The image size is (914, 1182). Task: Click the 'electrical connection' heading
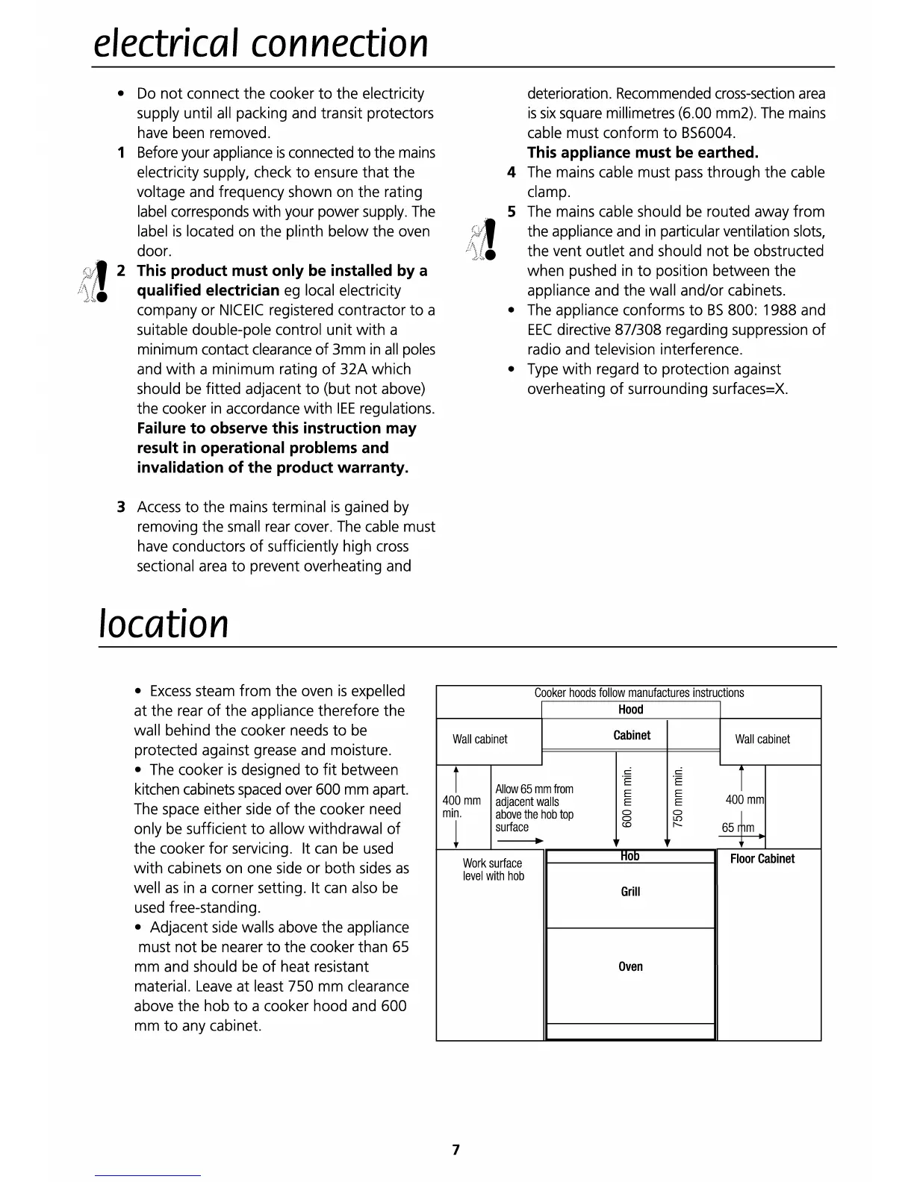261,43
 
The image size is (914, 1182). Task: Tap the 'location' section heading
164,624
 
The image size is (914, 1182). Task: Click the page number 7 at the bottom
456,1149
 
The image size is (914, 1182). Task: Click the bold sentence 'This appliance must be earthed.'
642,153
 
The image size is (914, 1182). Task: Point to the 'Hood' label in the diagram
630,710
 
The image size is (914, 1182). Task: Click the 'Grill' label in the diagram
630,892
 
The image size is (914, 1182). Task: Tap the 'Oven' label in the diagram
630,967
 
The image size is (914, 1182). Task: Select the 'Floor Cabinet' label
762,859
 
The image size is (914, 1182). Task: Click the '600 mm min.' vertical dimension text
627,797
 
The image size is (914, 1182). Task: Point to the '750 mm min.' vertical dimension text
678,797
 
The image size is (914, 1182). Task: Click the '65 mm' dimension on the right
738,828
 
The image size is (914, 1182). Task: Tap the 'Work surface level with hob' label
493,870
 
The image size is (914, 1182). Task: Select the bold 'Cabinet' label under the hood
632,736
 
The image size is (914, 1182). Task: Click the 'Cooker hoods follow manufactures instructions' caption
638,693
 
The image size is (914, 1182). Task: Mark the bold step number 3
120,507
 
